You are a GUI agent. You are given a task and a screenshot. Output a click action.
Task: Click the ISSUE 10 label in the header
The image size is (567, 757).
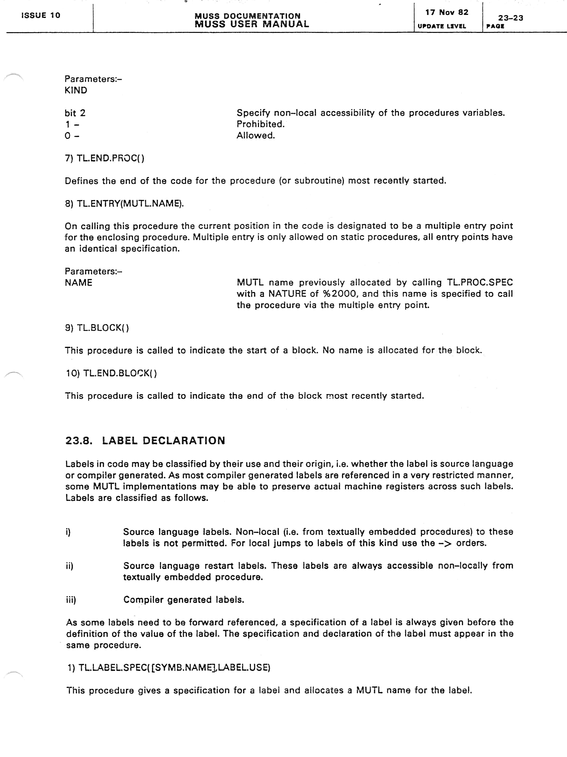click(x=41, y=15)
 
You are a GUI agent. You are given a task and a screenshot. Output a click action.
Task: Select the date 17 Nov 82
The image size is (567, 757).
click(x=447, y=13)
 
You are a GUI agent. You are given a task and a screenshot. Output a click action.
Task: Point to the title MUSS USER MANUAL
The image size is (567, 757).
click(x=252, y=24)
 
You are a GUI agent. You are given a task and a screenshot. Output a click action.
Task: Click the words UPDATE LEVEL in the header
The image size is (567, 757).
click(x=442, y=26)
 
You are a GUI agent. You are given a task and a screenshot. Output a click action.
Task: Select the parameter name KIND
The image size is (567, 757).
click(x=76, y=90)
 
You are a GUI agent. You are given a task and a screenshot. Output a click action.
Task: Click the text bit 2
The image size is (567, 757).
click(x=75, y=113)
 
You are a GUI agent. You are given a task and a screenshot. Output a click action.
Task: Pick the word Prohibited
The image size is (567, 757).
click(x=260, y=124)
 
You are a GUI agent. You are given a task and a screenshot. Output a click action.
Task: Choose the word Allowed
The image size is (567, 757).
click(x=256, y=136)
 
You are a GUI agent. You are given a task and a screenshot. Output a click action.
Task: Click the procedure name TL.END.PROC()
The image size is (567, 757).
click(x=110, y=158)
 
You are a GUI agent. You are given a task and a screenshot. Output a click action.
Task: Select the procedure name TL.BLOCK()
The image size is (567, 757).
click(x=103, y=328)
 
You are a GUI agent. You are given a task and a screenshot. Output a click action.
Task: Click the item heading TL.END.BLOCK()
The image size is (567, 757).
click(x=120, y=373)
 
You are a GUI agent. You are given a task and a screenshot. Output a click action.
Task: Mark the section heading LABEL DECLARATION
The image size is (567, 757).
click(x=163, y=440)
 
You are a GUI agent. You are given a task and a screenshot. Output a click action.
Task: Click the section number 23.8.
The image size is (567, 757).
click(x=79, y=440)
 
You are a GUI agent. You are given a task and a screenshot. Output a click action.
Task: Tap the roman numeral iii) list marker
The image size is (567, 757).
click(x=71, y=600)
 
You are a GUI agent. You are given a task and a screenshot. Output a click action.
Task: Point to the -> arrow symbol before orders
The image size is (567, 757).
click(x=445, y=543)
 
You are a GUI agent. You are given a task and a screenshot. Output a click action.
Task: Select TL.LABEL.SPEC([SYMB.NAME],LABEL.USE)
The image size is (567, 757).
click(x=174, y=668)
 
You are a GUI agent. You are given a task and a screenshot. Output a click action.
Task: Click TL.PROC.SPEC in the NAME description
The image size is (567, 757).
click(x=480, y=282)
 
